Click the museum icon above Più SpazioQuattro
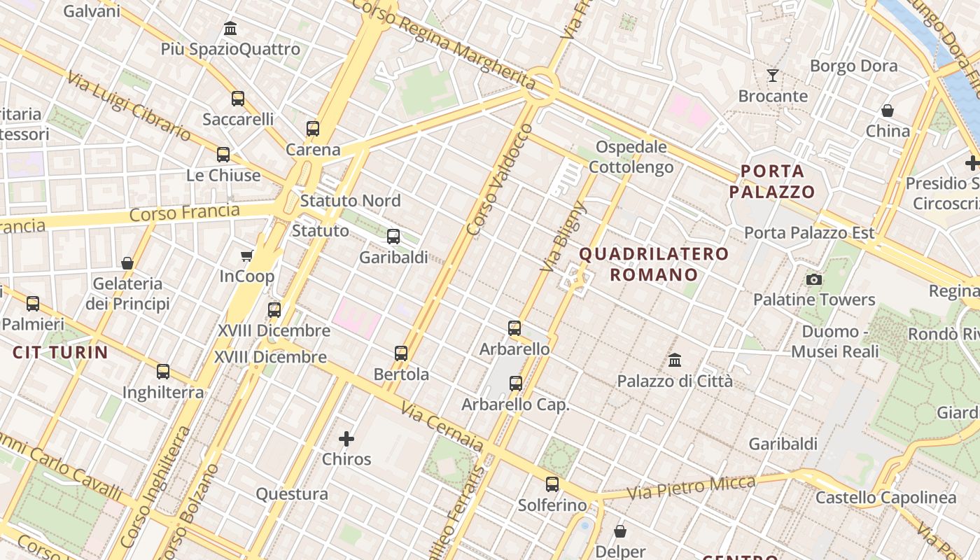tap(230, 29)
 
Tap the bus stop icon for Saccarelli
tap(238, 99)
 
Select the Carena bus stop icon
tap(313, 129)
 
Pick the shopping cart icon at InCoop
tap(246, 255)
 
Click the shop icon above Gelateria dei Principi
tap(127, 263)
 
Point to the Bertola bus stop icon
tap(401, 353)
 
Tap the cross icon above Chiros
tap(346, 439)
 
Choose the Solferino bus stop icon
tap(552, 484)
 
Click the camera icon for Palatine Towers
tap(813, 280)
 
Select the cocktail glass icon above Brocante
tap(773, 75)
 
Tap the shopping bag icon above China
tap(888, 111)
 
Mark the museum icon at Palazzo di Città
tap(675, 360)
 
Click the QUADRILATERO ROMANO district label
tap(654, 264)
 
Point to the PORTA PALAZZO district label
tap(772, 181)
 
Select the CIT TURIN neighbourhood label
tap(60, 352)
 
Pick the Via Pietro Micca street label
tap(691, 488)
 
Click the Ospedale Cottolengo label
tap(631, 157)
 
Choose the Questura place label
tap(292, 494)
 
